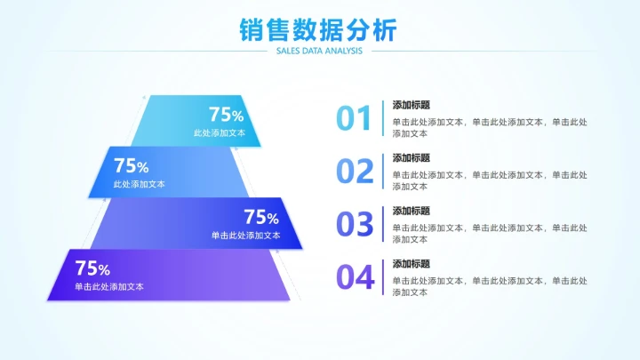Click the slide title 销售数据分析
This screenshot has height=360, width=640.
[318, 29]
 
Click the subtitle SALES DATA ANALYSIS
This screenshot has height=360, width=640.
[319, 52]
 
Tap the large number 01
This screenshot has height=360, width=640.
[354, 118]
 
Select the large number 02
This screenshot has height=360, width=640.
[355, 171]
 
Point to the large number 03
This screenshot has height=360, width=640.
[355, 224]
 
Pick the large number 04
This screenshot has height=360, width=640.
[355, 277]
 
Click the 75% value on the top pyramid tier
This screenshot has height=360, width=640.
[226, 115]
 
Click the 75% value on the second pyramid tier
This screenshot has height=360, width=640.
[131, 166]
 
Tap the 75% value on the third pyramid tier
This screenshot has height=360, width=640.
[261, 217]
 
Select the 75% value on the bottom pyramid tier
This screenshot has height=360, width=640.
[92, 268]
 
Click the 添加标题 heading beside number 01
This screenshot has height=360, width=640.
[412, 105]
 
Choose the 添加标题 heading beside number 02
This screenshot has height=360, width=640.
[412, 157]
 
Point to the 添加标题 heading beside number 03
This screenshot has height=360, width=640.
[412, 211]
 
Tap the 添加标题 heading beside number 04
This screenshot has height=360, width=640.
[412, 264]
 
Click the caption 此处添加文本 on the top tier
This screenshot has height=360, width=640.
[219, 132]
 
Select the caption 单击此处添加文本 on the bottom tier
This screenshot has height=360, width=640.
[109, 286]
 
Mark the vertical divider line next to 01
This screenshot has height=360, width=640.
[383, 118]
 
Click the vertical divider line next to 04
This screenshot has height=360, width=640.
[383, 277]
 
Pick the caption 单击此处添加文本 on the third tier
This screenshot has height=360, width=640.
[245, 236]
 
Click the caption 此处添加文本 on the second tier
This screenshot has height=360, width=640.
[139, 184]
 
